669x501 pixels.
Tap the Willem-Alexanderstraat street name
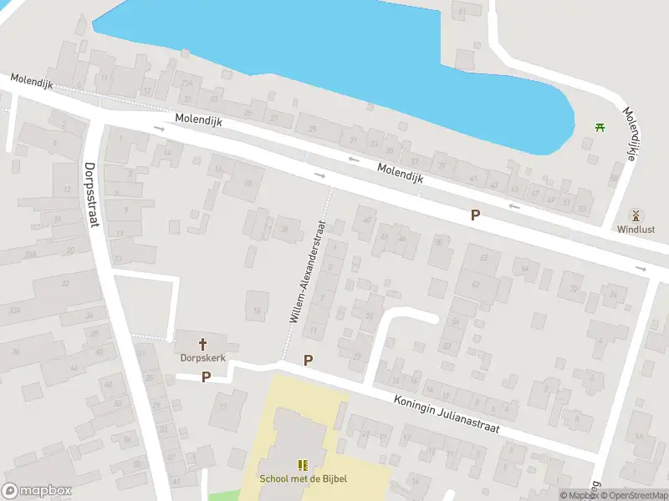point(306,271)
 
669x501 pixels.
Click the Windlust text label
point(636,229)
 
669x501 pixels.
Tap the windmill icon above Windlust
point(636,215)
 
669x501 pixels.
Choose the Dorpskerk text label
point(203,357)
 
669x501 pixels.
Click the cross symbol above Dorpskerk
point(203,343)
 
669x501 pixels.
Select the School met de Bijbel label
point(303,478)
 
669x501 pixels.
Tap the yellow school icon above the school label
point(303,464)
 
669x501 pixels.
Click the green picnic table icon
point(600,127)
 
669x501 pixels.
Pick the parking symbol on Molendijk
point(475,215)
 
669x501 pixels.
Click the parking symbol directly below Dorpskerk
point(206,377)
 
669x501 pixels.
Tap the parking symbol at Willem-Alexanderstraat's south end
point(308,361)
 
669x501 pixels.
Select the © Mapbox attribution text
point(580,495)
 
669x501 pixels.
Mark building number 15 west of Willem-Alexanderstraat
point(258,311)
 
